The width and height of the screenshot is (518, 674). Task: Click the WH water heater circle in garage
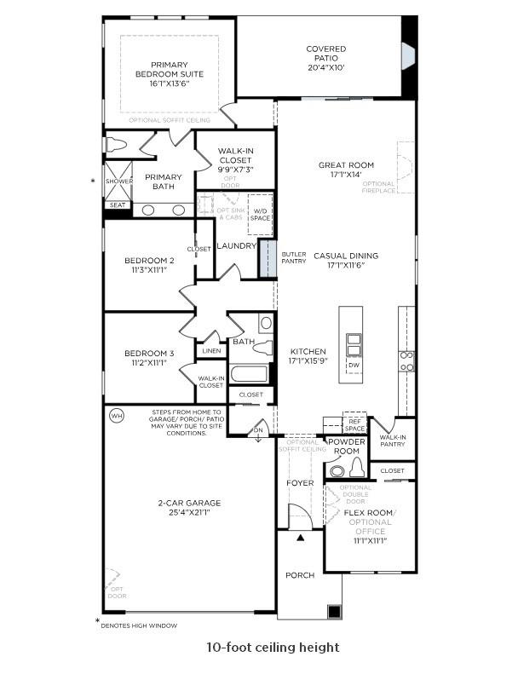(117, 416)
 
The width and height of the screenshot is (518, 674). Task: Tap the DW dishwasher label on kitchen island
(354, 365)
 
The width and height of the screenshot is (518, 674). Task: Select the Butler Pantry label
(294, 256)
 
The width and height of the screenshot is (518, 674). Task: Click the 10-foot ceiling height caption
(272, 648)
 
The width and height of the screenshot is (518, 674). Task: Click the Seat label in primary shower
(116, 205)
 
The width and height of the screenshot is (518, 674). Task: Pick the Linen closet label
(211, 350)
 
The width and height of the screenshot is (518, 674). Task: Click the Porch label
(299, 575)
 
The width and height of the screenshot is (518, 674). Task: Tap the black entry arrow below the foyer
(300, 539)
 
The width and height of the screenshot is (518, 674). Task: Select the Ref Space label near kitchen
(354, 423)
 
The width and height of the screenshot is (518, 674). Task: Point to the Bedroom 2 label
(149, 261)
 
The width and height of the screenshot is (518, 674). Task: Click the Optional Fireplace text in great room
(379, 187)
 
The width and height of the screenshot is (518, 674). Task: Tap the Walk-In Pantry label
(394, 441)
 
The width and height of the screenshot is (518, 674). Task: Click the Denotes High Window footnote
(139, 626)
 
